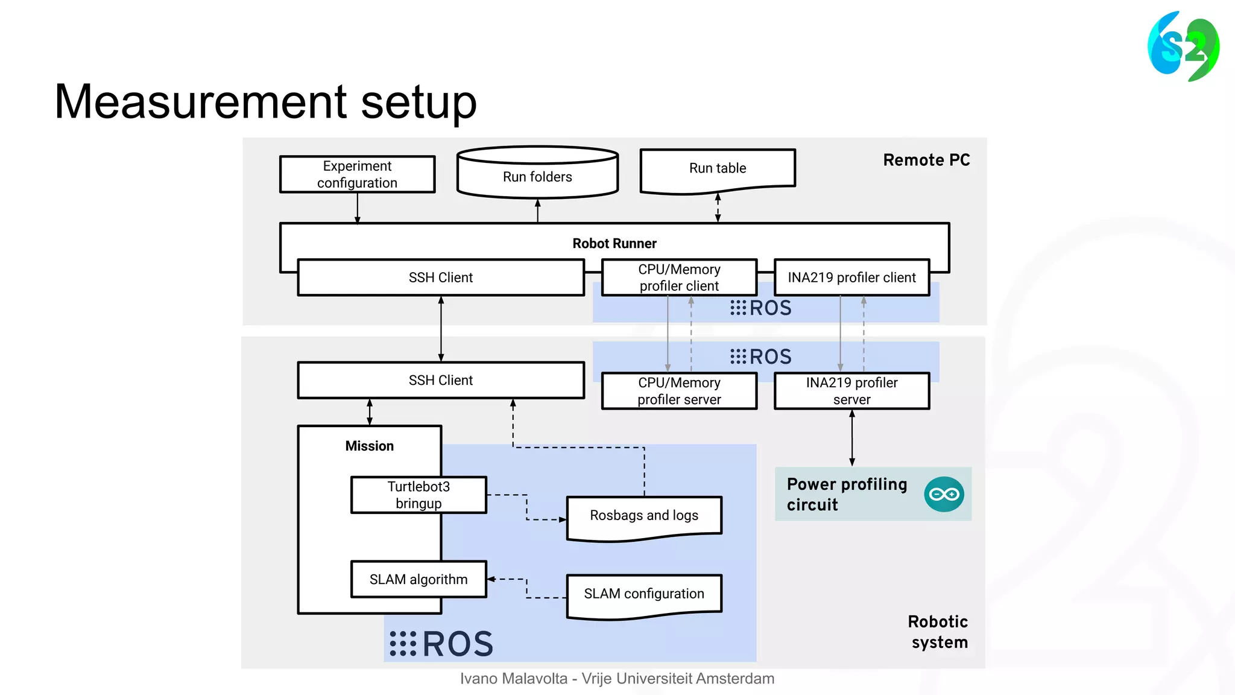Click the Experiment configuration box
tap(357, 174)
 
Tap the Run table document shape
tap(718, 169)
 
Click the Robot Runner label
tap(614, 243)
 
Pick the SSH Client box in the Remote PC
tap(441, 278)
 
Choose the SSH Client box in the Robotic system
tap(441, 380)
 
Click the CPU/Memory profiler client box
tap(679, 278)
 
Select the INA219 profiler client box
tap(851, 278)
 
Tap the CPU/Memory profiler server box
tap(679, 391)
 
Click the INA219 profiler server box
tap(851, 391)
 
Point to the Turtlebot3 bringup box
tap(419, 495)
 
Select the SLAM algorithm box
tap(419, 579)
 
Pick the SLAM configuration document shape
tap(644, 594)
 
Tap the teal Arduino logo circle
tap(944, 494)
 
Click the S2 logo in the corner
tap(1183, 46)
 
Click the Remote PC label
tap(926, 160)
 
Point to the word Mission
tap(369, 446)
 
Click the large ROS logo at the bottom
tap(442, 644)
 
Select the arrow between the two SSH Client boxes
tap(441, 329)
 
